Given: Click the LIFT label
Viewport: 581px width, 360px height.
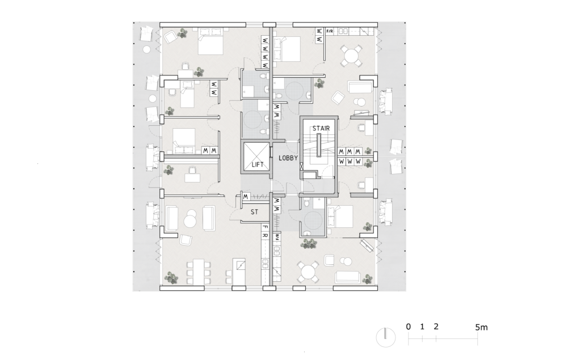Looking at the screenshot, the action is coord(258,164).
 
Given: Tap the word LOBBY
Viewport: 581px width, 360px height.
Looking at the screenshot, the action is coord(288,158).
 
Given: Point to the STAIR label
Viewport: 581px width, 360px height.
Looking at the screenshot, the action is coord(321,129).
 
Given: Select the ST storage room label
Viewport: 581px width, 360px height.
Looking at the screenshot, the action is coord(254,212).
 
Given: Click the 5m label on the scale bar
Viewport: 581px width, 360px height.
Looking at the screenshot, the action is coord(481,328).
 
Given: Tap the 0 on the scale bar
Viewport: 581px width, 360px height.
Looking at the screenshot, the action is coord(409,327).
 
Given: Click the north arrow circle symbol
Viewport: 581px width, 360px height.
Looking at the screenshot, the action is coord(386,337).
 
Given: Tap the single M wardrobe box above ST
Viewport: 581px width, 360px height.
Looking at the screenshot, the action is coord(246,197).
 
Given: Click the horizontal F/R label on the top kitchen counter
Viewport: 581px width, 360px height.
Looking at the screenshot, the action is coord(330,31).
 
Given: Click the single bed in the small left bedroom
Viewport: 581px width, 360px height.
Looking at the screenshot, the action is coord(187,95).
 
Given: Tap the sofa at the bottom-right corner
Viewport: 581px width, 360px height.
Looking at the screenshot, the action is coord(348,277).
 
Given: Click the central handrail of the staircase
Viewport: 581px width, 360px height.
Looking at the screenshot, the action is coord(318,145).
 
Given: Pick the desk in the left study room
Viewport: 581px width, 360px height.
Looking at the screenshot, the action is coord(192,178).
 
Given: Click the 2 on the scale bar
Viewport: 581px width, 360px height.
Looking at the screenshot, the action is coord(436,327).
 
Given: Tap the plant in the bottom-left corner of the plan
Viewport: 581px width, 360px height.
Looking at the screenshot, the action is coord(171,278).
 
